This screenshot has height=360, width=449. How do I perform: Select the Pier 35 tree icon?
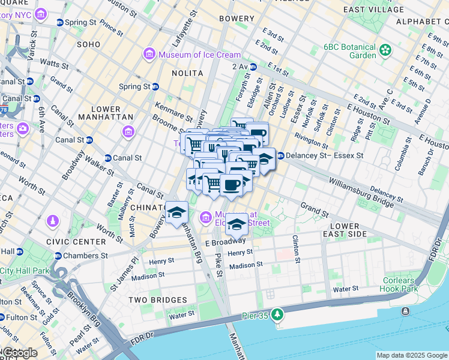[277, 313]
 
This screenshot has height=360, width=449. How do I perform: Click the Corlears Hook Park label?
[399, 284]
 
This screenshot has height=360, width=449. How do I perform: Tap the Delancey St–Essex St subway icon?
[280, 155]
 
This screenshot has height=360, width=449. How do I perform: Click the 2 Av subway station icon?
[253, 67]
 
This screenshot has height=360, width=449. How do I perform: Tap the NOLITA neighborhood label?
[187, 73]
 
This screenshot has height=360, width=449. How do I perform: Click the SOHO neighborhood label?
[88, 44]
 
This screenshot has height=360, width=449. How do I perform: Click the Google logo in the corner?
[19, 353]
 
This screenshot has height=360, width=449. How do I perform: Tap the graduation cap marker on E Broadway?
[237, 225]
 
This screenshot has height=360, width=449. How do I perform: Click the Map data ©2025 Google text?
[411, 355]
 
